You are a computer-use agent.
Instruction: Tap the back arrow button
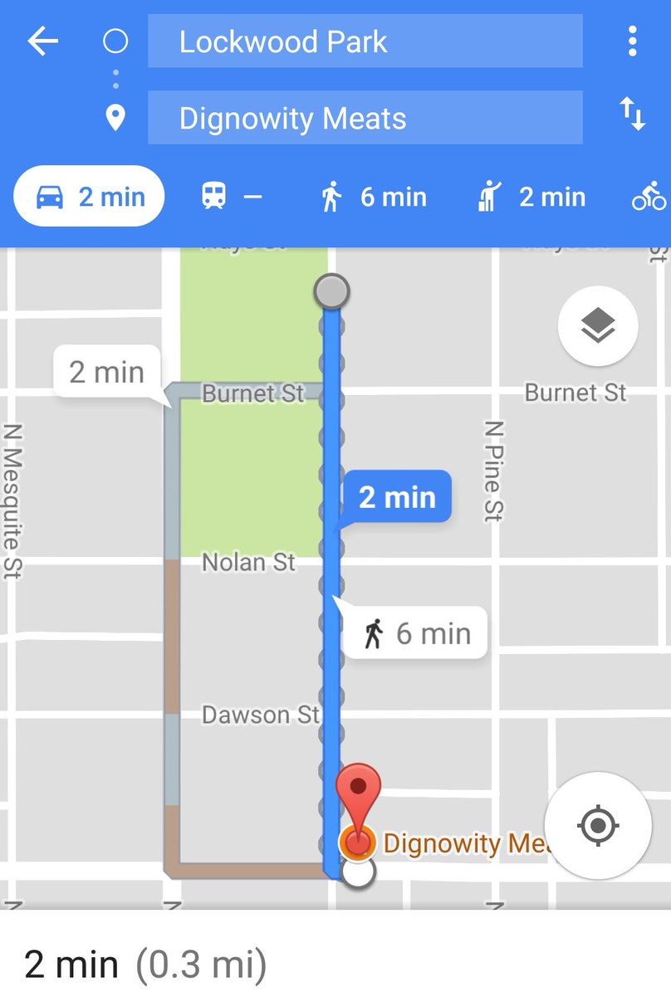(x=43, y=41)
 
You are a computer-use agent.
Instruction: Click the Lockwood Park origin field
(x=365, y=41)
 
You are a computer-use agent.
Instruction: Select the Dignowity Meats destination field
(x=365, y=118)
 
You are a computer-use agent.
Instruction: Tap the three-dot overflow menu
(x=633, y=41)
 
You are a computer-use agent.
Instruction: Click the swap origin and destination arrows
(x=633, y=114)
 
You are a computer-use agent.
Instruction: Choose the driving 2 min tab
(x=90, y=197)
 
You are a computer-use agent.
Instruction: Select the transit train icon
(x=214, y=197)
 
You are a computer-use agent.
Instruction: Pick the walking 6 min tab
(x=373, y=197)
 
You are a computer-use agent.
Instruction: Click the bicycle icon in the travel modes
(x=649, y=197)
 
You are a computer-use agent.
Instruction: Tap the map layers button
(x=598, y=326)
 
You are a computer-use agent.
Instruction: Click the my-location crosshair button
(x=598, y=826)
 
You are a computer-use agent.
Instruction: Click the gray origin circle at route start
(x=331, y=291)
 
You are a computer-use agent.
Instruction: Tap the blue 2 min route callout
(x=397, y=497)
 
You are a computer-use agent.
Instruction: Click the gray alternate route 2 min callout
(x=106, y=372)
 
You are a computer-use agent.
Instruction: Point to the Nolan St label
(x=248, y=563)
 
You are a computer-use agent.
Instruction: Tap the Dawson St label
(x=260, y=715)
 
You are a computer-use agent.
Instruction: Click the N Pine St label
(x=494, y=470)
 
